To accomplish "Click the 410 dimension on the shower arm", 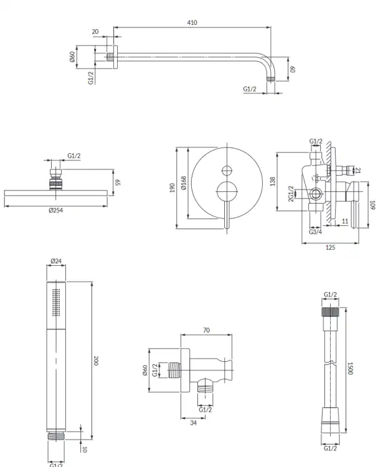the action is point(192,22).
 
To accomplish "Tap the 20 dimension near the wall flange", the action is point(95,32).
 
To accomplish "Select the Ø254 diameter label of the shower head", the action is point(55,210).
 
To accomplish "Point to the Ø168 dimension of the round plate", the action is point(184,183).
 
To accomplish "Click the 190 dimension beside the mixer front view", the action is point(172,187).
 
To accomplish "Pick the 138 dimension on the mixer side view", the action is point(273,181).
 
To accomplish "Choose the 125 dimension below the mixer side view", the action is point(330,247).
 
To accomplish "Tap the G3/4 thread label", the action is point(315,232).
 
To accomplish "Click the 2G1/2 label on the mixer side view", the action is point(291,194).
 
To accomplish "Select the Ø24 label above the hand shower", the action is point(56,261).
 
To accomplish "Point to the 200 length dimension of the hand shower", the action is point(96,361).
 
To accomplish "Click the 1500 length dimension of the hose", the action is point(351,369).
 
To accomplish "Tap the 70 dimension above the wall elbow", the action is point(206,330).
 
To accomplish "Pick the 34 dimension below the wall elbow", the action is point(193,423).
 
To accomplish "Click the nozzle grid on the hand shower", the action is point(56,302).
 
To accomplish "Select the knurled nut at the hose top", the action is point(330,312).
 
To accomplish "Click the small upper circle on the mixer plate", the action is point(227,171).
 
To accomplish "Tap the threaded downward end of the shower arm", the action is point(271,78).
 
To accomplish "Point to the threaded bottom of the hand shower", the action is point(56,436).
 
